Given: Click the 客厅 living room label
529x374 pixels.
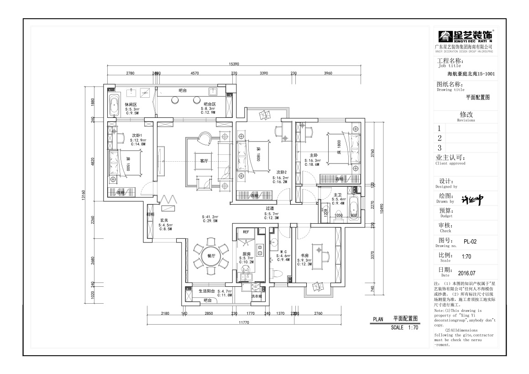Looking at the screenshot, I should [204, 161].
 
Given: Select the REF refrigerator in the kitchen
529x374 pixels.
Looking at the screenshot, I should [246, 232].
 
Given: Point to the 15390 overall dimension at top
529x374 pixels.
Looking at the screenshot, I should [235, 64].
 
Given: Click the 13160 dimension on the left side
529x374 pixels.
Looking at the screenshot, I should [84, 195].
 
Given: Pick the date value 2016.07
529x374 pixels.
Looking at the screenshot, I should [466, 273].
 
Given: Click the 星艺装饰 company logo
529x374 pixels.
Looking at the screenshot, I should [465, 36].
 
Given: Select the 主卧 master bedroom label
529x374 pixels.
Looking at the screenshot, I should [313, 155].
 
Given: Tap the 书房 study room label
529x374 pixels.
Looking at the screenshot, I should [304, 256].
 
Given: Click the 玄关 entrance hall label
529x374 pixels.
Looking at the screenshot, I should [164, 220].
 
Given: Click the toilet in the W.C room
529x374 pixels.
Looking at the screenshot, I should [279, 274].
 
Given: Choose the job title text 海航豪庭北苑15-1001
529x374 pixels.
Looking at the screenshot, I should [471, 74].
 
